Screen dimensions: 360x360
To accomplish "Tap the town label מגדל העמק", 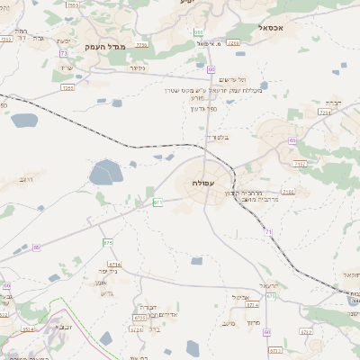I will coord(104,47).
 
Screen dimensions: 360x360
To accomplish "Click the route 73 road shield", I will coord(64,53).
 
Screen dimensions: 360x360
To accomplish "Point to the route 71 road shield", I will coord(268,232).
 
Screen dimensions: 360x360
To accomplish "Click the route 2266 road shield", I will coord(288,192).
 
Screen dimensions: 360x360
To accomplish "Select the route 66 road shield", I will coord(36,247).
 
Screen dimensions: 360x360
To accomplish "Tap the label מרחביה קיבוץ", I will coord(256,193).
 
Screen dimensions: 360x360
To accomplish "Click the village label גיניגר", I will coord(137,67).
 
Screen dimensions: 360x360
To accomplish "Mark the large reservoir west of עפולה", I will coord(106,171).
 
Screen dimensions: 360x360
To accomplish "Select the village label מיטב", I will coord(228,323).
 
